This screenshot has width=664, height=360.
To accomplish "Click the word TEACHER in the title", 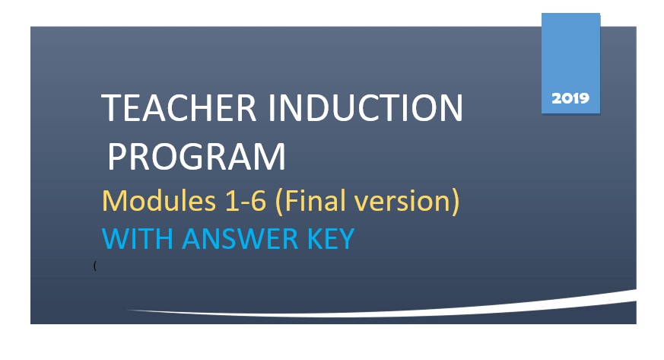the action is (179, 107).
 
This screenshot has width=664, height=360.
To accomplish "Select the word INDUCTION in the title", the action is (366, 107).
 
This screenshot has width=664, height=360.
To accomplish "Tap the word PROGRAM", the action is (197, 156).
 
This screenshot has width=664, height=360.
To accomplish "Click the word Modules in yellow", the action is (159, 200).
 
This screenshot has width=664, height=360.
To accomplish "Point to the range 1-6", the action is (246, 201).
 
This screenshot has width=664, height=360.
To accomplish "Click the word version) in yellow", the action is (406, 202).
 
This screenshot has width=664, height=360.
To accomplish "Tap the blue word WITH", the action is (138, 239).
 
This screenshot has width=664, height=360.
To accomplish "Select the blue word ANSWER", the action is (240, 239).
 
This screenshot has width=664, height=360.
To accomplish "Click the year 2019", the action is (570, 98).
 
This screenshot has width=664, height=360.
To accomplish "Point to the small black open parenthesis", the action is (95, 266).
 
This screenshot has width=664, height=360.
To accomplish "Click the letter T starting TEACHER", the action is (113, 107).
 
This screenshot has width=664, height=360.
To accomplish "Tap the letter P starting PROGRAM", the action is (117, 156).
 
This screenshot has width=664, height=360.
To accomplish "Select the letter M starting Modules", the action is (115, 201).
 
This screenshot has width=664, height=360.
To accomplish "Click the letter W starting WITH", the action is (116, 239).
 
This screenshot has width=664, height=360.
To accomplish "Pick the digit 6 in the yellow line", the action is (259, 201).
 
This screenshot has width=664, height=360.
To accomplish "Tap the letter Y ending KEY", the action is (345, 239).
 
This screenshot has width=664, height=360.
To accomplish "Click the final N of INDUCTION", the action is (453, 107).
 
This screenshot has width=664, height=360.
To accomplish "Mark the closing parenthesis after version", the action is (456, 202).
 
